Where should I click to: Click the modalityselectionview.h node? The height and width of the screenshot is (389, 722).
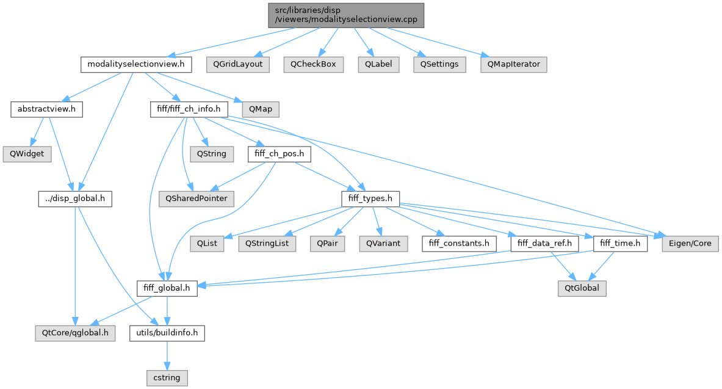coord(136,64)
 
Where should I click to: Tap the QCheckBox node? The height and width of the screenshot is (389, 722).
coord(313,64)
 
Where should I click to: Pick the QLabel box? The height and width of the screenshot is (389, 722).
coord(379,64)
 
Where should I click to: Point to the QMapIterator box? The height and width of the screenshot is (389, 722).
coord(513,64)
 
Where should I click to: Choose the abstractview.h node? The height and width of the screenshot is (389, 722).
coord(46,110)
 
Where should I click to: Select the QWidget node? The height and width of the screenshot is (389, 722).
coord(27,154)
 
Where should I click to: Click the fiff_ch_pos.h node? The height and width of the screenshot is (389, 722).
coord(278,154)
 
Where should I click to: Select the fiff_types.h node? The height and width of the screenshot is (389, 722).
coord(370,198)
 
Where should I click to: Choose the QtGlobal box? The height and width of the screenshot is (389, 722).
coord(582,288)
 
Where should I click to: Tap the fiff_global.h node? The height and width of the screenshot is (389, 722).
coord(166,288)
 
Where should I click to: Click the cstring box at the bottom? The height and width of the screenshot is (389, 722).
coord(167,377)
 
